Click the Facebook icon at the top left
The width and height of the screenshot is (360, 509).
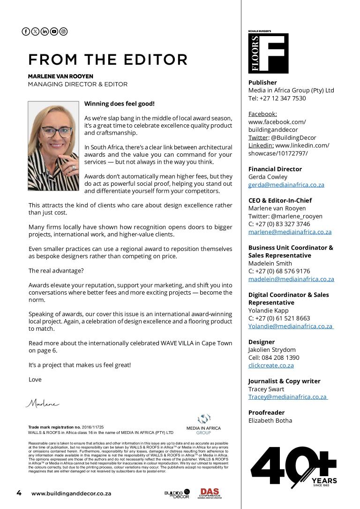26,31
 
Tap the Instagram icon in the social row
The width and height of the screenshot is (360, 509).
64,31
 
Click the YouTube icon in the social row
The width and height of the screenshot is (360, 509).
54,31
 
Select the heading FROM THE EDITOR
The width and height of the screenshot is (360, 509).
108,60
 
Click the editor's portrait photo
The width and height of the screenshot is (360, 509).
53,146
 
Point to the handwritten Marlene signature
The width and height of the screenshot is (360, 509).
42,403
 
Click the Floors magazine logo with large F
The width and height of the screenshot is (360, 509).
268,53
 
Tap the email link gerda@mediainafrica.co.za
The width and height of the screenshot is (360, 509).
286,185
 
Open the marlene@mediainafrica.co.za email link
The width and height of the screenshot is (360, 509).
290,232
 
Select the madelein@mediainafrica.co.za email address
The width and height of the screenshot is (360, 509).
291,279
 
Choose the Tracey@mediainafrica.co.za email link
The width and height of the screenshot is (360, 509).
287,397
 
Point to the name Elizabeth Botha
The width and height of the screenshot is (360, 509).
270,420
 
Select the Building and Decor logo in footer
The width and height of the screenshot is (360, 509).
177,494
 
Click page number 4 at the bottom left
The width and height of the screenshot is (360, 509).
19,493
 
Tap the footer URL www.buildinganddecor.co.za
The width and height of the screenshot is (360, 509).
71,494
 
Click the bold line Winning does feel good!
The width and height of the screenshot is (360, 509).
119,104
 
